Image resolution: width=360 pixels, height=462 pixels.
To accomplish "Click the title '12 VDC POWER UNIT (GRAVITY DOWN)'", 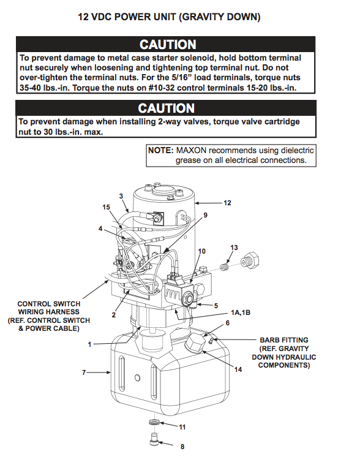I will click(x=169, y=17).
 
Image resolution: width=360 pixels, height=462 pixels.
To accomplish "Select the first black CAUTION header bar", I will click(x=167, y=45).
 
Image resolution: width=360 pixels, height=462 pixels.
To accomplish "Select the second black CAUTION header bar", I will click(x=167, y=108).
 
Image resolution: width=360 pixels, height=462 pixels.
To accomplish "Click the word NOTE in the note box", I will click(x=161, y=150).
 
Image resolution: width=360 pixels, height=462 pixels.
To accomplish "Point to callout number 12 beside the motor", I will click(x=227, y=202).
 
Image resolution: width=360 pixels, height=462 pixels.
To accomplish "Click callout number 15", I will click(x=106, y=207).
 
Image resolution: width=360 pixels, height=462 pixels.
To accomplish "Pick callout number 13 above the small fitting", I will click(x=233, y=247).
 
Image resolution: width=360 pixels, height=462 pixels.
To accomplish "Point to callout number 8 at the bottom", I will click(x=182, y=446).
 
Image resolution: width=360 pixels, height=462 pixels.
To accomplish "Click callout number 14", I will click(x=238, y=369).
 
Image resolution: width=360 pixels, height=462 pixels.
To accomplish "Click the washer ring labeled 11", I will click(x=154, y=423).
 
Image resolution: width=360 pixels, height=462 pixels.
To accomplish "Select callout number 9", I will click(x=206, y=215).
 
